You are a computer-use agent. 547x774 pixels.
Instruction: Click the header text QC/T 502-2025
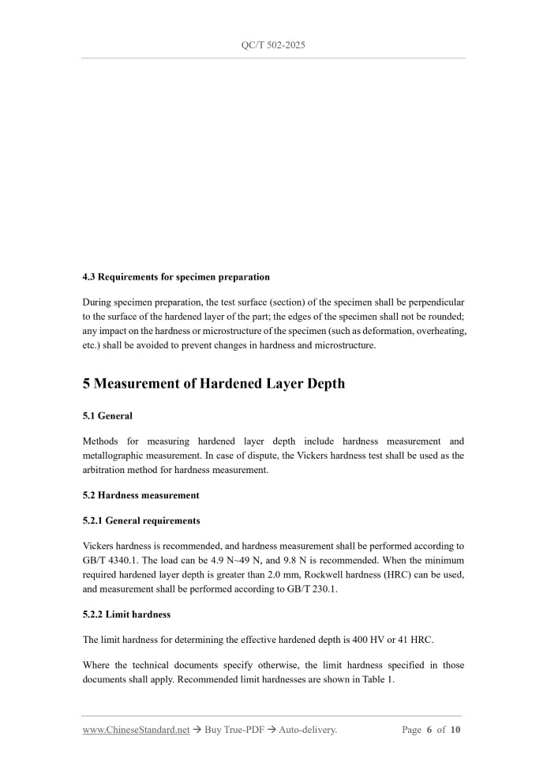273,45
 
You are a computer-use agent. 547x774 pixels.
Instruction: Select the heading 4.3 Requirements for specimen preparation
176,277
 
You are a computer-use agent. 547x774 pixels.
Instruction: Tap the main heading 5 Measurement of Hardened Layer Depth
214,384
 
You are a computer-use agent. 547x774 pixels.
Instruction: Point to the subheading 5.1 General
107,415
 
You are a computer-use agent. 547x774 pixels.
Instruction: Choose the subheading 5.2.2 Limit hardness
126,614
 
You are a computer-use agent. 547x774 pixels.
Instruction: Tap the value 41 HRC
412,639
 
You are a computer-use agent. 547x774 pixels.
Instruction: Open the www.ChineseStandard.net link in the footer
136,730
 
